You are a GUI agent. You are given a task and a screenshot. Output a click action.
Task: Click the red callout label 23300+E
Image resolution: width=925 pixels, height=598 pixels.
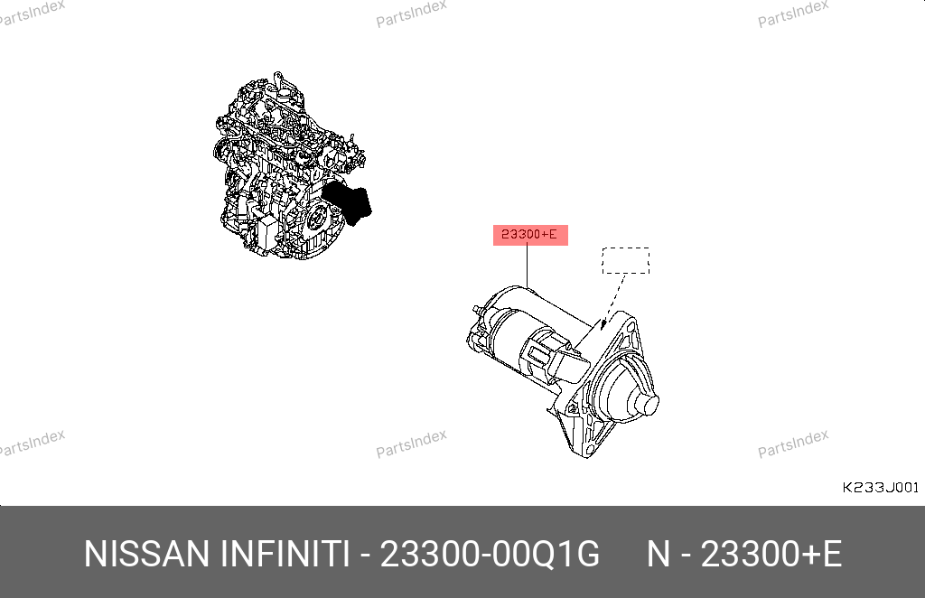[530, 235]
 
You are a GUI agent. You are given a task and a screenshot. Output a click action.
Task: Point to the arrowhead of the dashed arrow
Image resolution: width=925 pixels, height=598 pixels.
[603, 323]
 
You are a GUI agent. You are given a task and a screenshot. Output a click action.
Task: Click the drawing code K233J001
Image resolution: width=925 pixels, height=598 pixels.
[880, 488]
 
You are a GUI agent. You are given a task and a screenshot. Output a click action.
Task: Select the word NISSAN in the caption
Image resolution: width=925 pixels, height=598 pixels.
[146, 554]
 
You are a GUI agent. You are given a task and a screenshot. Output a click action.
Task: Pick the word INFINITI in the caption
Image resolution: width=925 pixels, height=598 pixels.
[285, 554]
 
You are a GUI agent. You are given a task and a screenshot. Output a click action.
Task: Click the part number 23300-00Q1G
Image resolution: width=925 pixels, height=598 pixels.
[490, 554]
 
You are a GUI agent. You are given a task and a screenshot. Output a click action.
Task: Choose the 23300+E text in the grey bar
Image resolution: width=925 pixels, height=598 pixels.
[771, 554]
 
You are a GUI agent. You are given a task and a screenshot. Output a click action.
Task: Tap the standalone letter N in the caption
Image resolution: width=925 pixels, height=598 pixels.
[659, 554]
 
